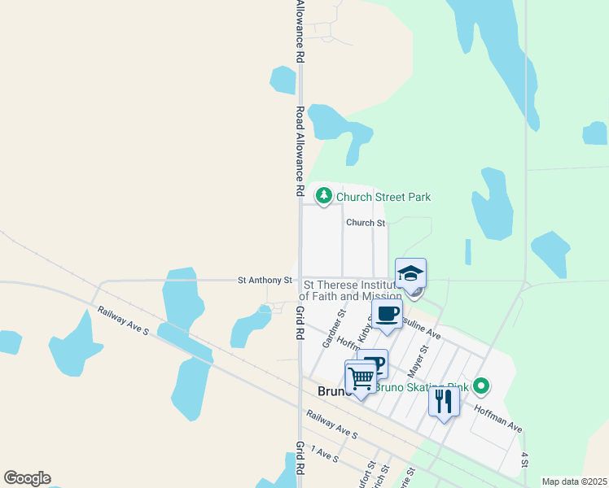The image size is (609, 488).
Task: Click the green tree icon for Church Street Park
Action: coord(324,195)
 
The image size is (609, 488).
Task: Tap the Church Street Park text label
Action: coord(383,197)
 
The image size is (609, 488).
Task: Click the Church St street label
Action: coord(365,222)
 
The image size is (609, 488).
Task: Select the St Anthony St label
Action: coord(265,280)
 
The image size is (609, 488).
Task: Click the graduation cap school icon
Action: coord(411,274)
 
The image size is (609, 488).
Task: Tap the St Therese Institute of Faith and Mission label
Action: coord(352,291)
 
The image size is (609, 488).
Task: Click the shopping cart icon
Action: coord(361,377)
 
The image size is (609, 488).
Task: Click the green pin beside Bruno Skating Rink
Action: coord(481,386)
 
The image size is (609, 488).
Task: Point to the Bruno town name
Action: coord(332,391)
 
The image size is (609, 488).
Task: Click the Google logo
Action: coord(27,478)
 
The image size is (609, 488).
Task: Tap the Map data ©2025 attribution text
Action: coord(574,481)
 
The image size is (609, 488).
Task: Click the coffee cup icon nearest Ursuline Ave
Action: coord(388,313)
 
